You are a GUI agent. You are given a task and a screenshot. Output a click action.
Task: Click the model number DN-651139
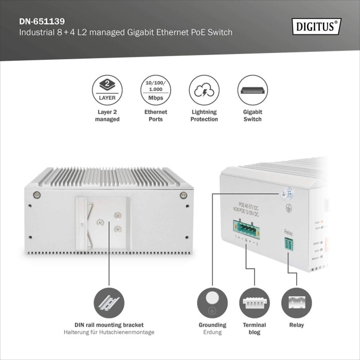(x=42, y=22)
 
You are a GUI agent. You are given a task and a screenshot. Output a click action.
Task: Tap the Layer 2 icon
(x=107, y=89)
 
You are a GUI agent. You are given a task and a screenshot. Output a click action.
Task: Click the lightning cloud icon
(x=204, y=89)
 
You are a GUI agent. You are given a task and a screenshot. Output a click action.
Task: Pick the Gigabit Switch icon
(x=253, y=89)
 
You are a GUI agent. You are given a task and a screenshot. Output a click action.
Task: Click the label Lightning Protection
(x=204, y=115)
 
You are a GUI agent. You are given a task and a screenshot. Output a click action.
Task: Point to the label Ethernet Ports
(x=155, y=115)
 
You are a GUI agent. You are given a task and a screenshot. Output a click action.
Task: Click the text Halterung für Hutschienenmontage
(x=109, y=332)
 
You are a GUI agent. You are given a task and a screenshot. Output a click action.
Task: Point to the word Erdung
(x=212, y=332)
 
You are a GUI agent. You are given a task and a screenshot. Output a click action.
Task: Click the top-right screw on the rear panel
(x=183, y=194)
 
